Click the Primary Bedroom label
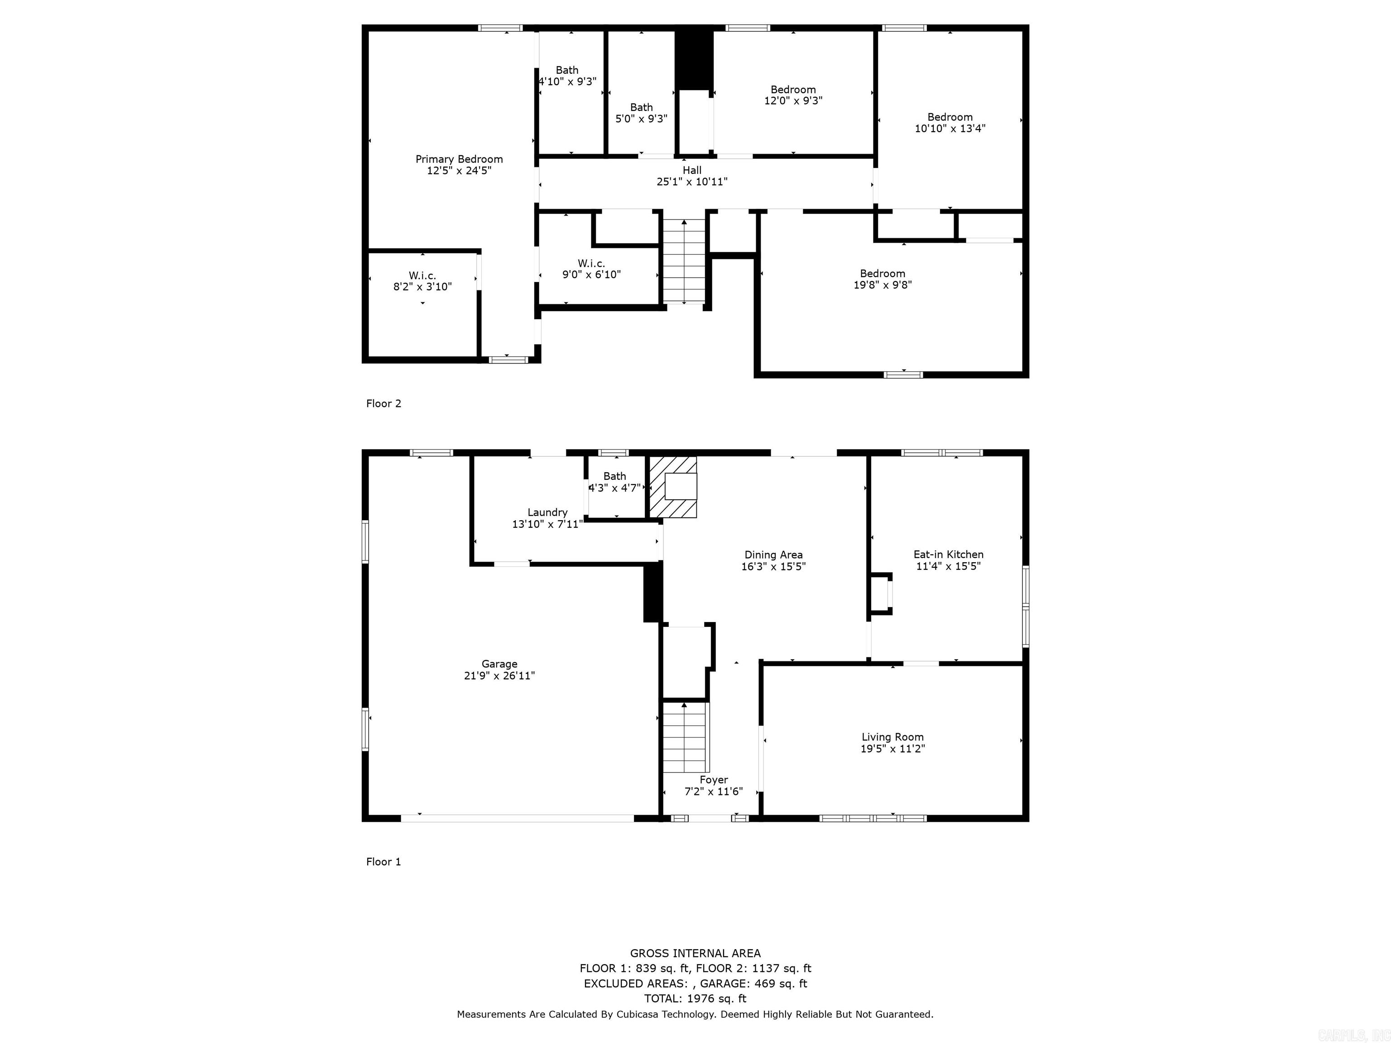459,159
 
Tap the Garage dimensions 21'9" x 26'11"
499,675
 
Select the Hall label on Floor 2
692,170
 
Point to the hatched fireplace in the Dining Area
672,487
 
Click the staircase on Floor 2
685,261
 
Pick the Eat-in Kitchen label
948,554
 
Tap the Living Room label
892,737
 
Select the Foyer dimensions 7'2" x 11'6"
713,791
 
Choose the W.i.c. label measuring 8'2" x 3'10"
422,275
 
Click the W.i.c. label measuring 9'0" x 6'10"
591,263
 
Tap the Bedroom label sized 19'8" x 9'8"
882,273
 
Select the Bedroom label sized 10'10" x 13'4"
950,117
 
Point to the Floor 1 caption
384,861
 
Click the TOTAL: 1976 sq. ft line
695,998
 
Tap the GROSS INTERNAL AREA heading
695,953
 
